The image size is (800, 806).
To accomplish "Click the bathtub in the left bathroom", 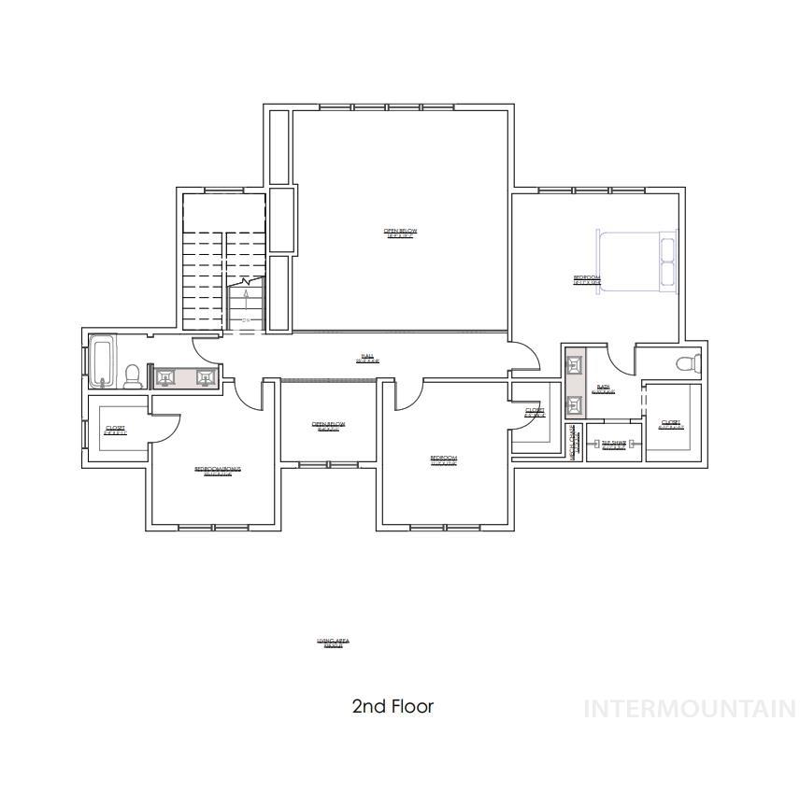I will [102, 362].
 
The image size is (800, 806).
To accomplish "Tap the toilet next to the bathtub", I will [133, 375].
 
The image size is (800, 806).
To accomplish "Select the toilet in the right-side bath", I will [687, 363].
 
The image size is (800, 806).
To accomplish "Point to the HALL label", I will [367, 358].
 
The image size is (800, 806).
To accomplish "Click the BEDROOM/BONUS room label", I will [218, 470].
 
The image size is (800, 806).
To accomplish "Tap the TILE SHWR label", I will [613, 445].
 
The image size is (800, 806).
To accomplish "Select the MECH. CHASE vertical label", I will [573, 440].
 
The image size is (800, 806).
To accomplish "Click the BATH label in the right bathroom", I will [603, 389].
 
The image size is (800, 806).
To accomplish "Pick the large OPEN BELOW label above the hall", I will [400, 233].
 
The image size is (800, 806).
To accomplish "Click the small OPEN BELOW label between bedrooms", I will [328, 426].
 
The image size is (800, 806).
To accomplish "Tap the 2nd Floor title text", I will [393, 706].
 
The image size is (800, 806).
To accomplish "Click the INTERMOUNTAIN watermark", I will [690, 709].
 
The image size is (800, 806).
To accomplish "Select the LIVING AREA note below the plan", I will [333, 643].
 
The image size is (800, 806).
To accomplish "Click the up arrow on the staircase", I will [246, 298].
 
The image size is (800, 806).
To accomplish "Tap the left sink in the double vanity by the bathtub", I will [165, 377].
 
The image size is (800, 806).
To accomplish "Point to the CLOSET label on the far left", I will [115, 430].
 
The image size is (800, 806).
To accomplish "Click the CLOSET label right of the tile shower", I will [670, 424].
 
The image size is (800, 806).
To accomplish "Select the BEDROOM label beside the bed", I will [587, 279].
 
